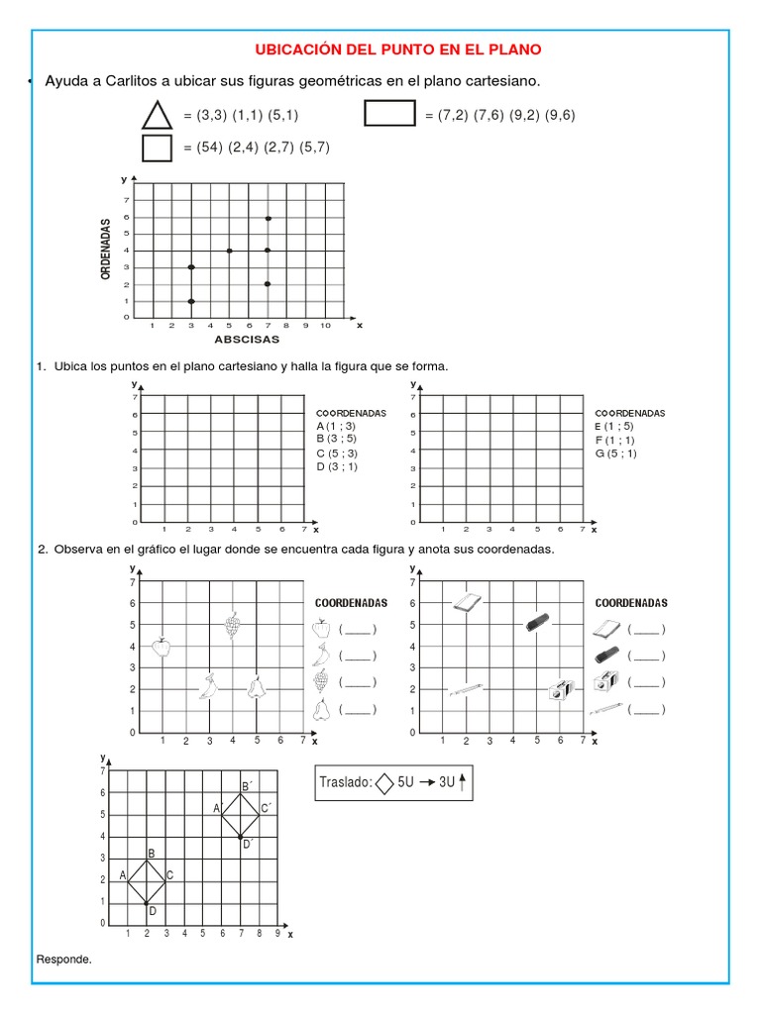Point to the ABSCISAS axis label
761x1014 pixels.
247,339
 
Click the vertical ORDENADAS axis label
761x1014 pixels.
105,250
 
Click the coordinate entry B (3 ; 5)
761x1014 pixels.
336,438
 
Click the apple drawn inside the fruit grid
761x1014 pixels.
162,647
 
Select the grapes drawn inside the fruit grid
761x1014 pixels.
233,625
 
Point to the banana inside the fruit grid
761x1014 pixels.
208,687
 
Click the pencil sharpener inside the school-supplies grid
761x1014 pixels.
562,689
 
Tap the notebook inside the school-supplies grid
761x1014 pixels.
467,602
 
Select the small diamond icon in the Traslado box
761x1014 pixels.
384,783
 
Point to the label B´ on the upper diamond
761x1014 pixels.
245,786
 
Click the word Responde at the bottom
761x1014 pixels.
63,960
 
